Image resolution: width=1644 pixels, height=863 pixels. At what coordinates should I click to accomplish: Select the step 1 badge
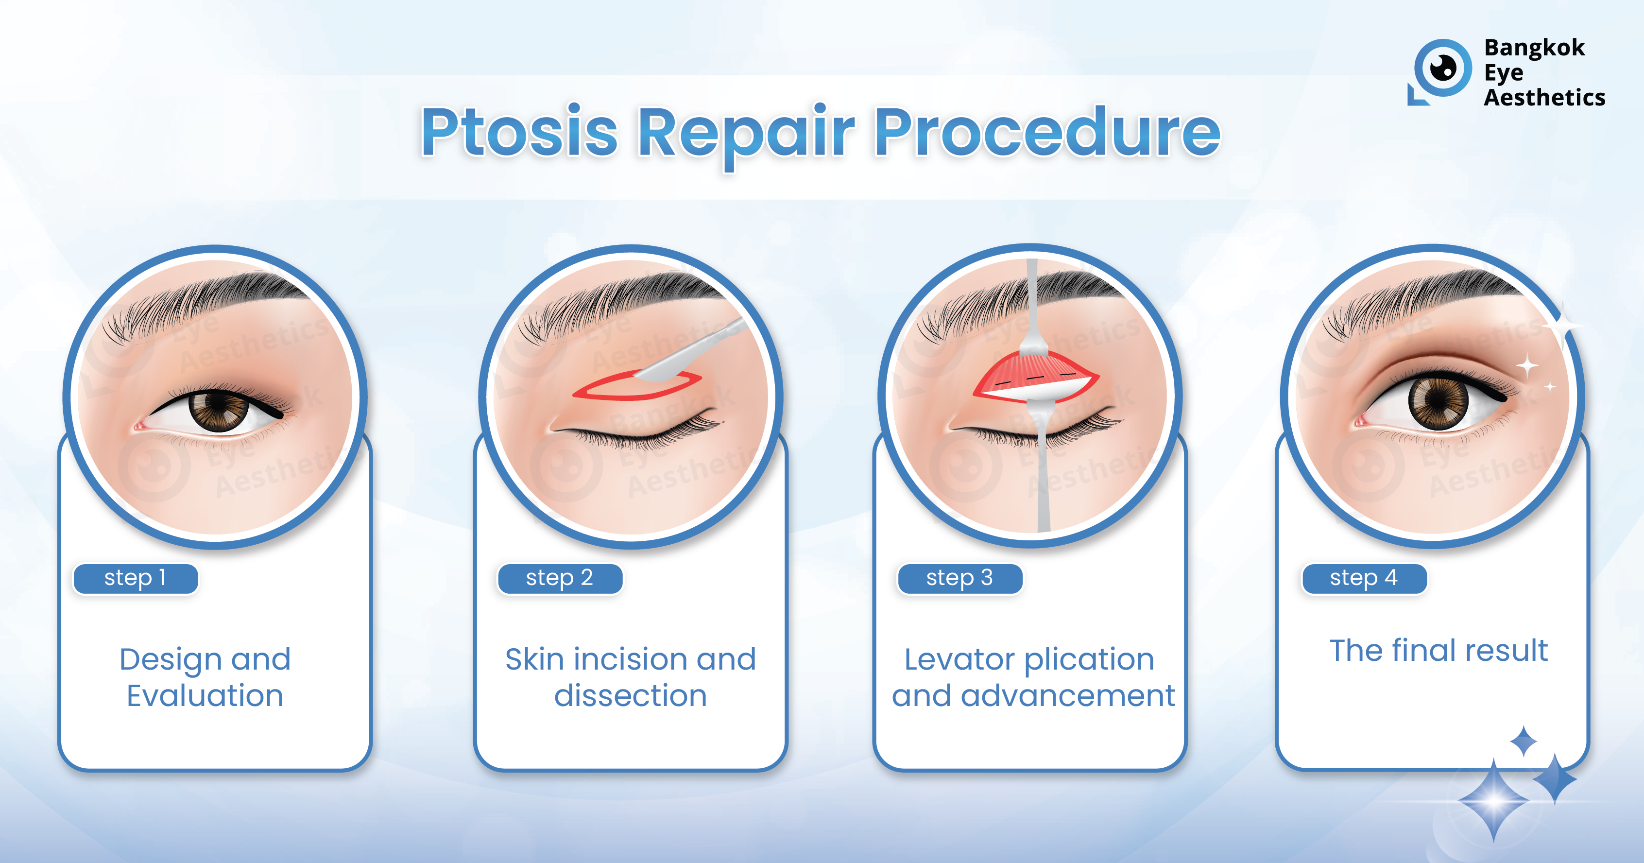[x=135, y=578]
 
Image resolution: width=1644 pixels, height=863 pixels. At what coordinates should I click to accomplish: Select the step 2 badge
[x=560, y=578]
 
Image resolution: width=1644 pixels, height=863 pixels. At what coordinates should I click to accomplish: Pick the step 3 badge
[x=960, y=578]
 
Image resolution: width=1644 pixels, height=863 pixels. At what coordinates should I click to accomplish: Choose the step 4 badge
[x=1364, y=578]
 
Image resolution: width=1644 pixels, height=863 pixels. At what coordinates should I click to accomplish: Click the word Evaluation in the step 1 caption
[x=205, y=695]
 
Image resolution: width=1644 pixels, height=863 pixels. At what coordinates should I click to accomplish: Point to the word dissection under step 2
[x=631, y=695]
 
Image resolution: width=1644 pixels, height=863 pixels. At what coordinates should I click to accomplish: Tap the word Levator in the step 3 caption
[x=959, y=659]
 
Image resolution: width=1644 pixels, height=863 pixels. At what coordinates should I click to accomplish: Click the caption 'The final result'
[x=1438, y=651]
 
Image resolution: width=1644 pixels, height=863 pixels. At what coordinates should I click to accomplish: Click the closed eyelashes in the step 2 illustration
[x=638, y=433]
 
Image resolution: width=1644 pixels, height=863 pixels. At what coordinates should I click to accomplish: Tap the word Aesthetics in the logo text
[x=1544, y=98]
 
